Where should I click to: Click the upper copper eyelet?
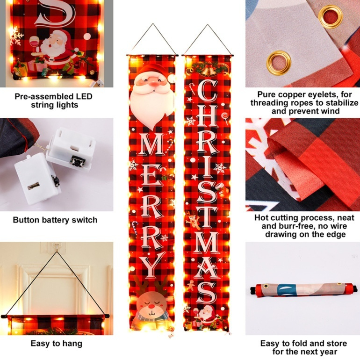(x=331, y=16)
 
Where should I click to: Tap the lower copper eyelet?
(x=279, y=63)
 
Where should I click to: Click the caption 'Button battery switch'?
(x=55, y=220)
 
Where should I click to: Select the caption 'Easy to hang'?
(x=57, y=343)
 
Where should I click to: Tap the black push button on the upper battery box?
(x=78, y=161)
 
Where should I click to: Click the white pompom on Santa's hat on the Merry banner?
(x=171, y=79)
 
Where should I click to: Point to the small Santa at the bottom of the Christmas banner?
(x=206, y=315)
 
